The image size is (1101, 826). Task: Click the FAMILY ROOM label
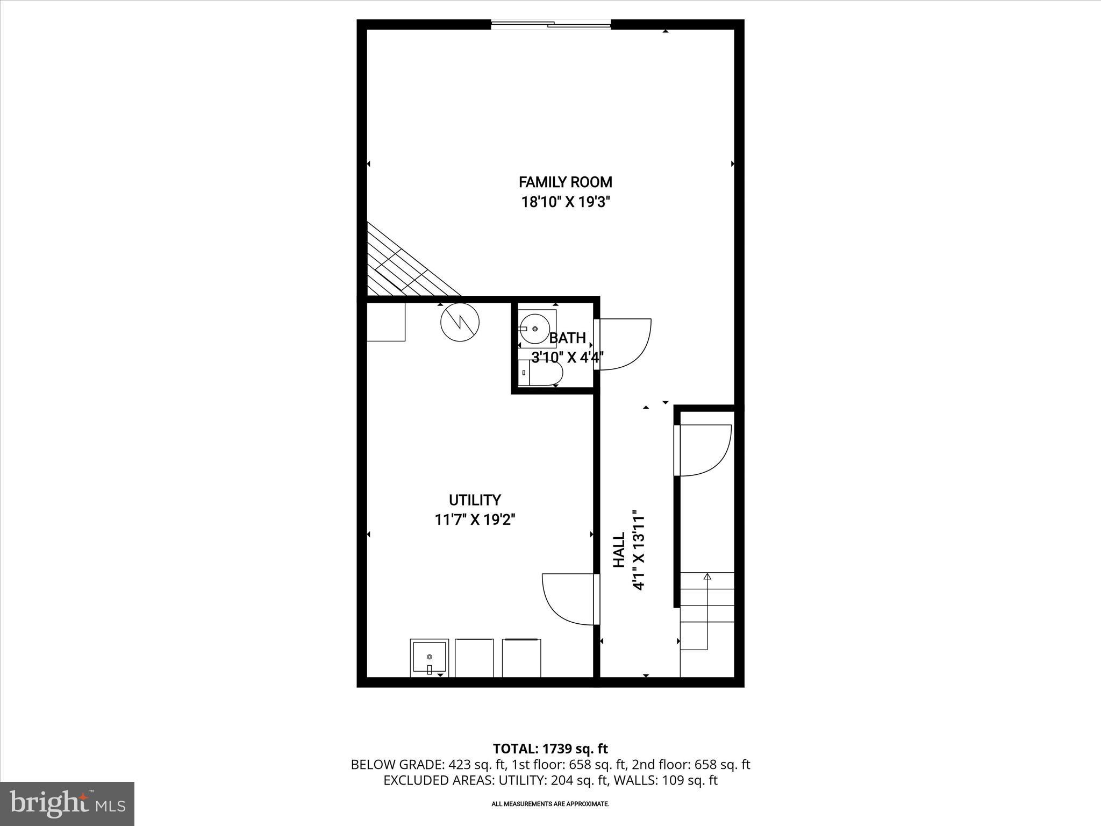pyautogui.click(x=565, y=182)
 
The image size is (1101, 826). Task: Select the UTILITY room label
pyautogui.click(x=475, y=500)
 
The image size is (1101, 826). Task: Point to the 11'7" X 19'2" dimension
pyautogui.click(x=475, y=520)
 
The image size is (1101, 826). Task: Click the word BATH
pyautogui.click(x=567, y=338)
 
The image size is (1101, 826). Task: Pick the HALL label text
pyautogui.click(x=619, y=550)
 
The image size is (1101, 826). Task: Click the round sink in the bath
pyautogui.click(x=534, y=329)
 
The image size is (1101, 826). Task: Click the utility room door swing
pyautogui.click(x=569, y=599)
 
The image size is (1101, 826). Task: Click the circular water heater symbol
pyautogui.click(x=460, y=322)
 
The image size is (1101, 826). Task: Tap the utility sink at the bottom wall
pyautogui.click(x=429, y=658)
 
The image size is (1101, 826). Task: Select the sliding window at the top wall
pyautogui.click(x=551, y=24)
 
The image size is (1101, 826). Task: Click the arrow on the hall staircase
pyautogui.click(x=707, y=578)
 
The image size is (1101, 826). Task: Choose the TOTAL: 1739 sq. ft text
pyautogui.click(x=550, y=749)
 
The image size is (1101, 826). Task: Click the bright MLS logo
pyautogui.click(x=68, y=803)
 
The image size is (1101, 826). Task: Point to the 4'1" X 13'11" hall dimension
pyautogui.click(x=639, y=550)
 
